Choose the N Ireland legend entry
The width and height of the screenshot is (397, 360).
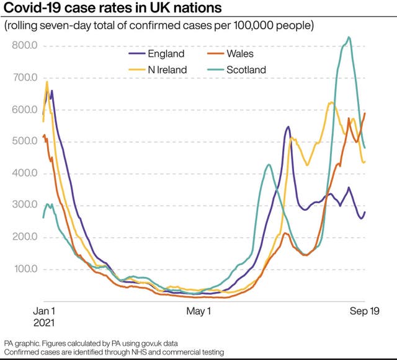167,70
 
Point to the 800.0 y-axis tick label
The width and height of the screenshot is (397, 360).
25,46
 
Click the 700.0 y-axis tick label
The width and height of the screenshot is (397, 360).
25,78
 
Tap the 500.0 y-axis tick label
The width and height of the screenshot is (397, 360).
25,141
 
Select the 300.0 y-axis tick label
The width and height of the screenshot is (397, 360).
25,205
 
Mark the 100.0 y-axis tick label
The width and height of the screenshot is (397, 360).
25,269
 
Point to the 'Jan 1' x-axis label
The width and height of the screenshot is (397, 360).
43,312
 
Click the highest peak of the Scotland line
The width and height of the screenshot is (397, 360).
349,37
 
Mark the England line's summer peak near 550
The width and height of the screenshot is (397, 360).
288,127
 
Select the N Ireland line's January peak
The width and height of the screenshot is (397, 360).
47,82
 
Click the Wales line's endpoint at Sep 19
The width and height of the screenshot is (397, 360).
365,113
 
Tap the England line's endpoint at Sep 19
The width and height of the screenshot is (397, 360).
365,213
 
